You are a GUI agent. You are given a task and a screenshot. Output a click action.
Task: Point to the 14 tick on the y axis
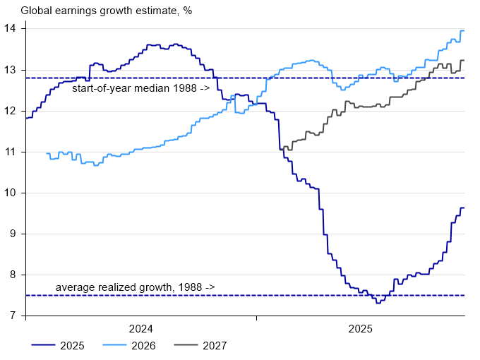[13, 29]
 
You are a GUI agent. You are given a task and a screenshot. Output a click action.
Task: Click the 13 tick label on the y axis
[13, 70]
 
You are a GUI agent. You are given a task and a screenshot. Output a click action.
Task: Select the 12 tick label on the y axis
[13, 111]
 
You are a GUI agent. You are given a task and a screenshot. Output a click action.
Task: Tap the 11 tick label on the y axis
[13, 152]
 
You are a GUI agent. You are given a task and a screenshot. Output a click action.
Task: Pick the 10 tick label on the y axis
[13, 193]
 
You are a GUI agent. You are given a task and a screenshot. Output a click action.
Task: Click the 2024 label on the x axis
[140, 329]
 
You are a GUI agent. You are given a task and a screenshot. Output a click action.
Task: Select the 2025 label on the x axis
[360, 329]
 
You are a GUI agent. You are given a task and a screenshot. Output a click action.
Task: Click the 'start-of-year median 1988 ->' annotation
[140, 88]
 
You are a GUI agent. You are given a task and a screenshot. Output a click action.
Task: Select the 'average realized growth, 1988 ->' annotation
[135, 287]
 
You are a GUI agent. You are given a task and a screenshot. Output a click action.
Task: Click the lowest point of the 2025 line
[379, 302]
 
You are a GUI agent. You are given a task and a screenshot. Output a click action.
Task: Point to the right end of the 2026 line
[463, 30]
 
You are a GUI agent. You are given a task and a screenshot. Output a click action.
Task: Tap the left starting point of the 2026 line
[47, 153]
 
